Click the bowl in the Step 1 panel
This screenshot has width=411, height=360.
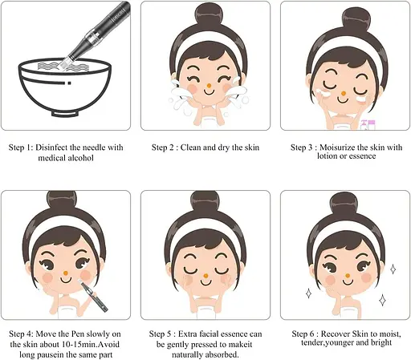click(66, 93)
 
